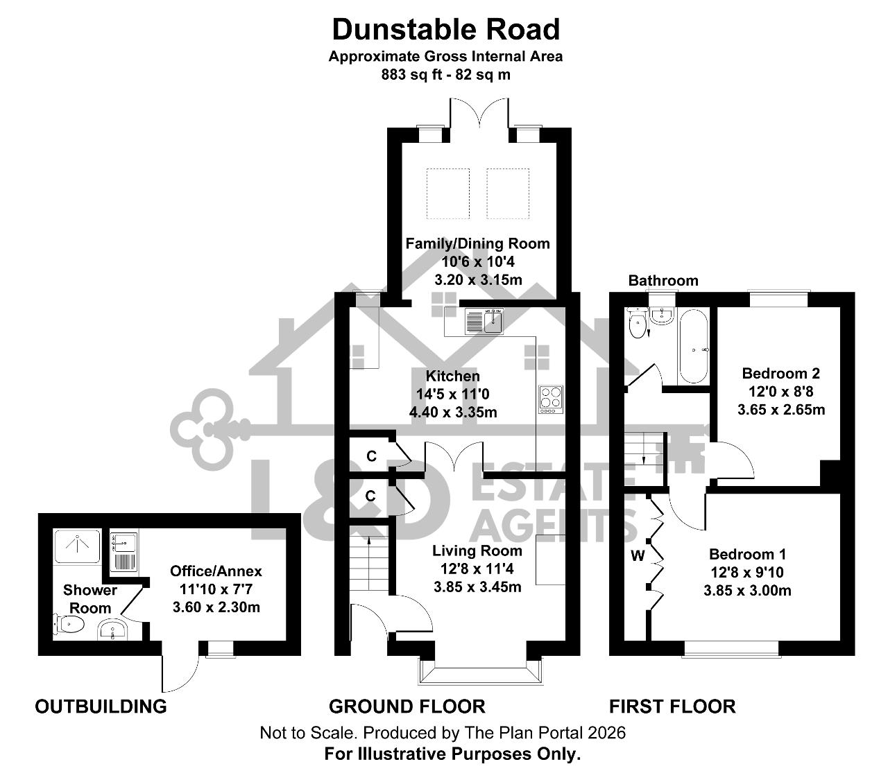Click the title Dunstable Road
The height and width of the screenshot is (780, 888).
click(446, 30)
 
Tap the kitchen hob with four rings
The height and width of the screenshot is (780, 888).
click(551, 399)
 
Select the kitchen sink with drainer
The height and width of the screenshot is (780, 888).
click(484, 321)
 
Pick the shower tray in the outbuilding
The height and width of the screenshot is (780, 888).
click(77, 546)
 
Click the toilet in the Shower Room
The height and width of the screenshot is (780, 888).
click(69, 623)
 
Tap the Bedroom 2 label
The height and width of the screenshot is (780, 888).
click(780, 373)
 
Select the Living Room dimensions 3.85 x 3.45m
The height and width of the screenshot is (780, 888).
click(477, 587)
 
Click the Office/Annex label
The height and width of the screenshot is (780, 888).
click(216, 571)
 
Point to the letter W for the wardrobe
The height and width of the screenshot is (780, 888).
click(638, 556)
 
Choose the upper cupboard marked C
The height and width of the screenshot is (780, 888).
click(371, 456)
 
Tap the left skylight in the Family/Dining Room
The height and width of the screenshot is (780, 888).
click(447, 193)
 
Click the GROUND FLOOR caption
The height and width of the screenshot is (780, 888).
click(407, 707)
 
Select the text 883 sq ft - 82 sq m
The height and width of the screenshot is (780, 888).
click(445, 75)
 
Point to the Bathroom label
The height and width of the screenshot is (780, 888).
click(663, 280)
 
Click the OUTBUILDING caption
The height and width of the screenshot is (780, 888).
click(101, 707)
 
